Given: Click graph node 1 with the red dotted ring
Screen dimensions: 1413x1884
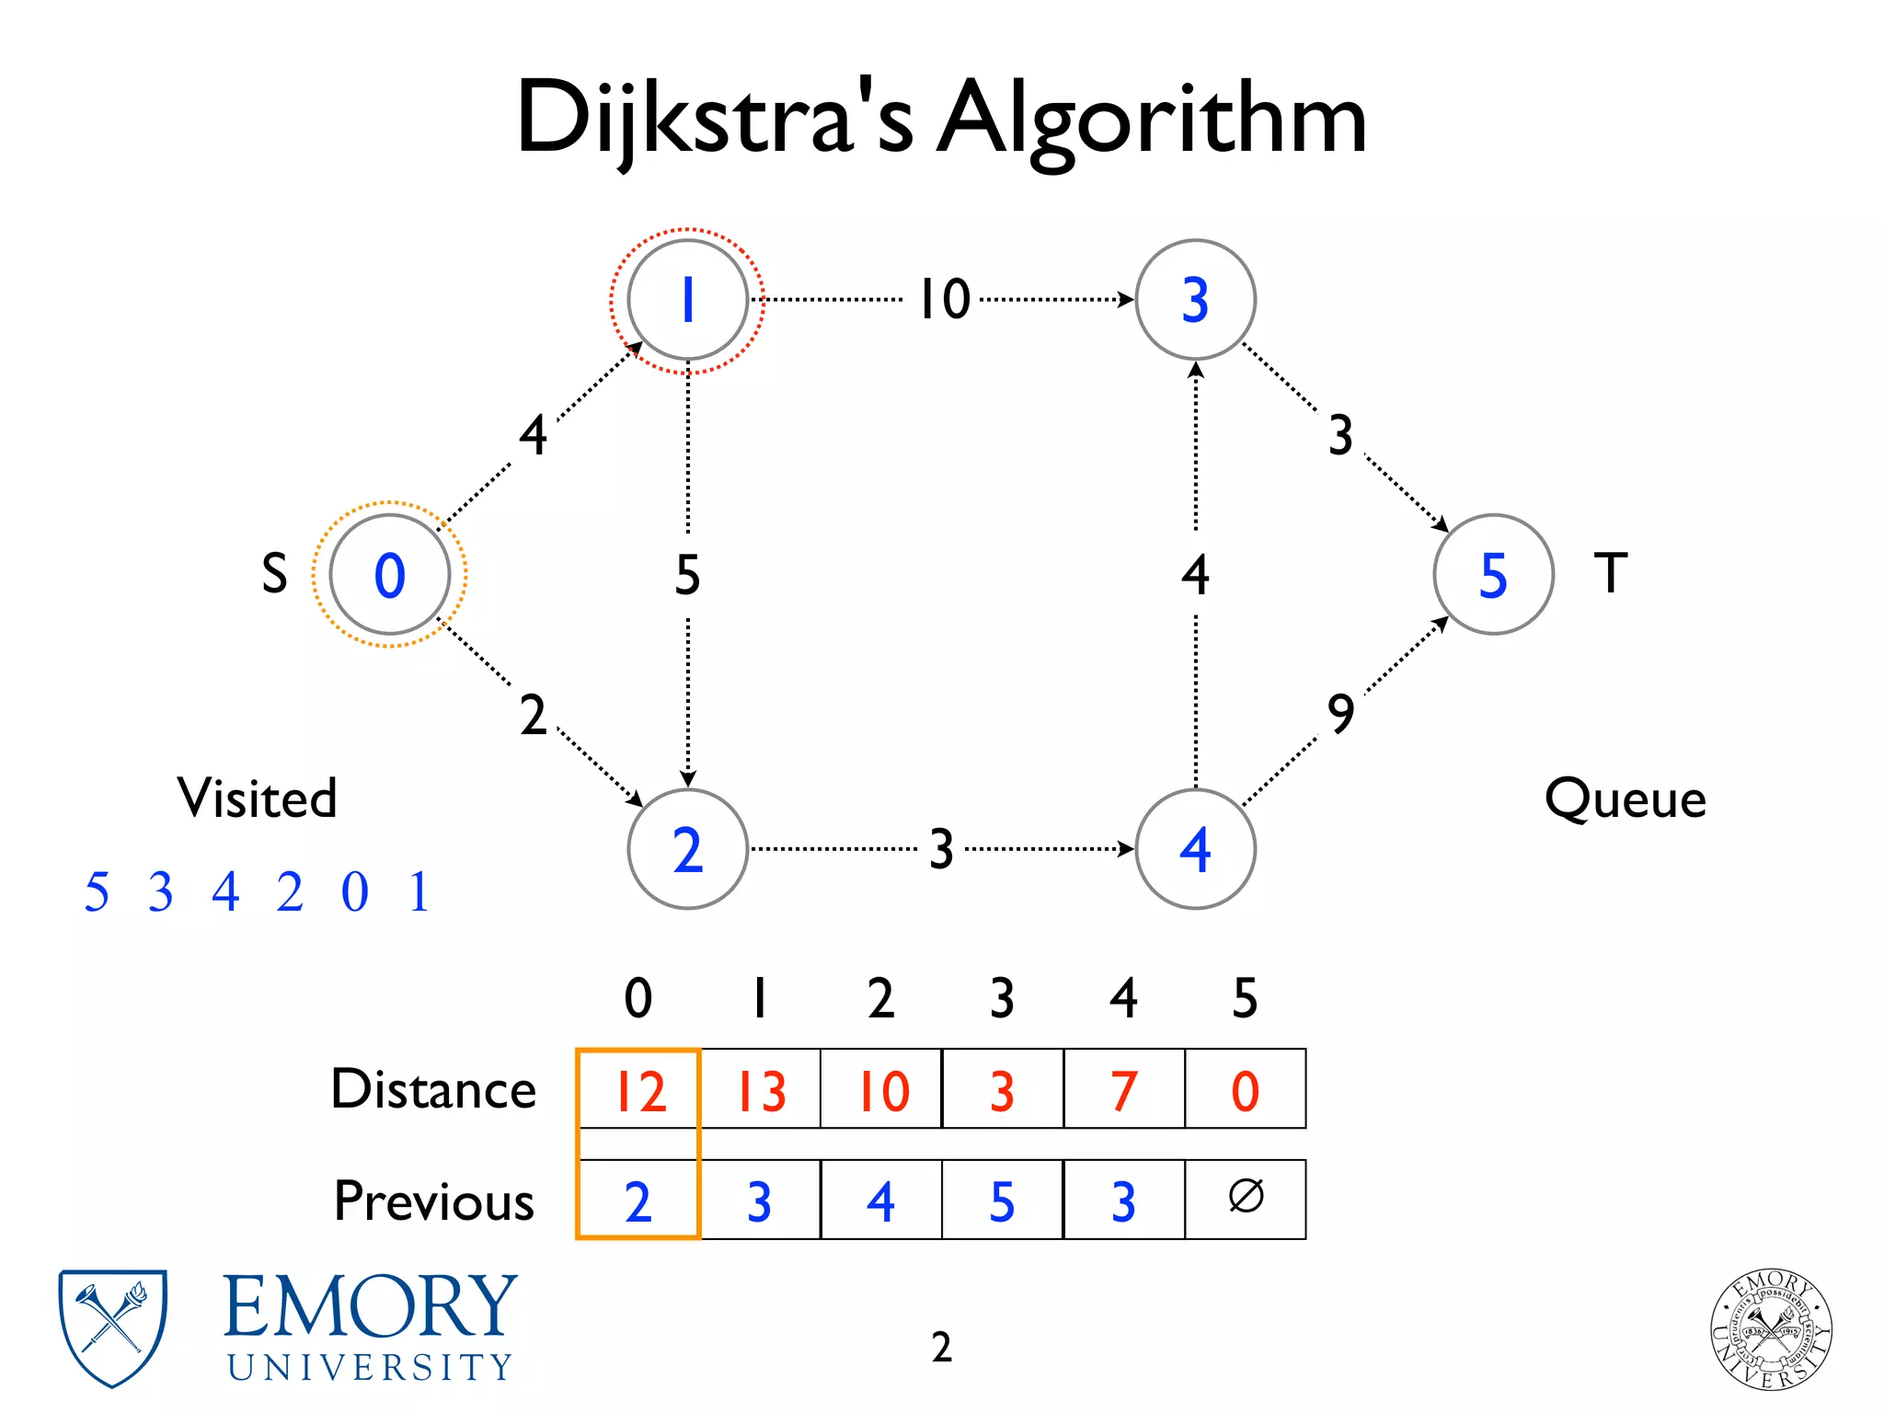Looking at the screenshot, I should [x=687, y=300].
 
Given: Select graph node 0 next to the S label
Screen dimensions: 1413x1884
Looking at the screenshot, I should [x=389, y=575].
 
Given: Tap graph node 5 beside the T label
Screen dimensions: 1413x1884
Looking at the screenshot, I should [x=1493, y=575].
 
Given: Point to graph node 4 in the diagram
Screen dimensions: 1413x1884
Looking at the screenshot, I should [x=1195, y=849].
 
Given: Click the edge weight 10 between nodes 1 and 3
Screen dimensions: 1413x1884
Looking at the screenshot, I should [x=945, y=300].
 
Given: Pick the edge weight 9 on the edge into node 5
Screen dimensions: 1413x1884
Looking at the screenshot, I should [x=1341, y=714].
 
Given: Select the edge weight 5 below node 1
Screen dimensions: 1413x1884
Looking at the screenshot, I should [x=687, y=575].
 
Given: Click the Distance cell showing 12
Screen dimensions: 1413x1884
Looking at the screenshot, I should [x=638, y=1090].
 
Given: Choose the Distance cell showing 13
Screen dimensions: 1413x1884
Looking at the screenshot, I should [x=760, y=1090].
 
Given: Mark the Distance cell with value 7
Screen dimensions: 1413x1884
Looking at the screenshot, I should [x=1123, y=1090].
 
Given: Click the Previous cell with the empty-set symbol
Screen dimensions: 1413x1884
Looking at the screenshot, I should [x=1246, y=1198].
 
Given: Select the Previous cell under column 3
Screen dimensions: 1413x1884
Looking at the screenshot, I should [x=1002, y=1200].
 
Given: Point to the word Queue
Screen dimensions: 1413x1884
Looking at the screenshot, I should [x=1626, y=798].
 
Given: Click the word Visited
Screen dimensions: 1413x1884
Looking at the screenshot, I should [x=258, y=798].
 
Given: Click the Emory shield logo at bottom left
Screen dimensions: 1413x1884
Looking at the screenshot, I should [x=112, y=1327].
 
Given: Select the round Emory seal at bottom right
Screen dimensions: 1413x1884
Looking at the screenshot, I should [x=1771, y=1328].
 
